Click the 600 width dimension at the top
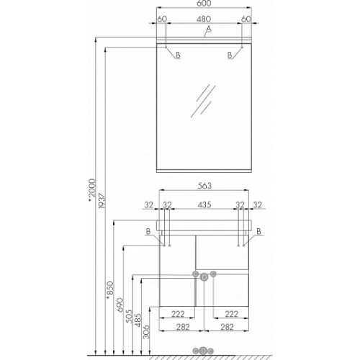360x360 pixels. (204, 3)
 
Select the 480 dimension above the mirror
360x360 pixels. (204, 19)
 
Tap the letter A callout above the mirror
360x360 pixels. (209, 29)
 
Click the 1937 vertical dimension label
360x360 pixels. (102, 201)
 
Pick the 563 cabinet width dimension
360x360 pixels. (204, 186)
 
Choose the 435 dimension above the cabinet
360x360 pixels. (204, 204)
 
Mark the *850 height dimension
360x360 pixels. (110, 290)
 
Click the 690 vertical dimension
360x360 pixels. (120, 305)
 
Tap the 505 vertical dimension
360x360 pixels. (129, 316)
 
